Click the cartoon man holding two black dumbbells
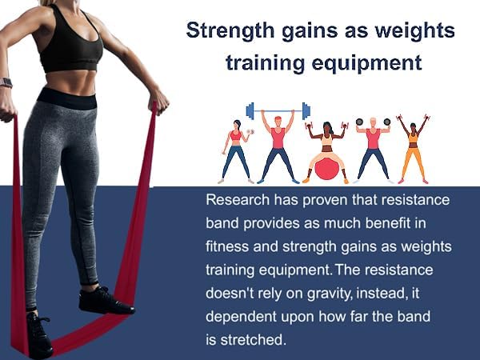click(x=371, y=149)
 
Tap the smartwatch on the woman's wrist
click(x=6, y=83)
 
